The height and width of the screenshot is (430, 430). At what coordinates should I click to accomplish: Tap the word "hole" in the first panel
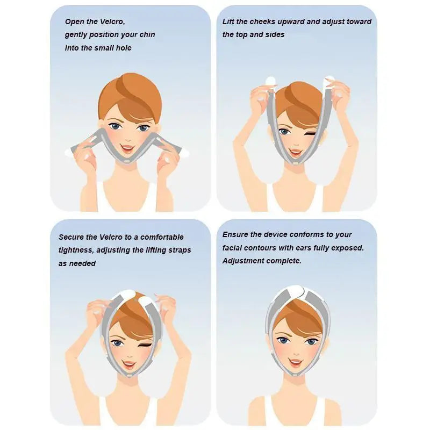pos(123,48)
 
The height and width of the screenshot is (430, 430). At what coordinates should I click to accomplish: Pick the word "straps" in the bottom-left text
pos(178,250)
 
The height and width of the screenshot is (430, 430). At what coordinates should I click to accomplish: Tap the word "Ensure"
pos(235,235)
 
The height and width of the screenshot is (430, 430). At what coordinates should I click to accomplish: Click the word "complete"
pos(284,261)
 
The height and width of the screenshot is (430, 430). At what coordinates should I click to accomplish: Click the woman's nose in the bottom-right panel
pos(295,350)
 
